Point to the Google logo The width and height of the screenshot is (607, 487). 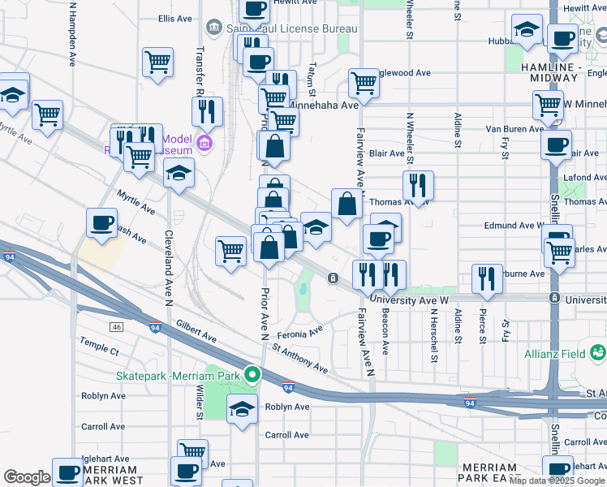[27, 476]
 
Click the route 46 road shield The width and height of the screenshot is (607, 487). [118, 327]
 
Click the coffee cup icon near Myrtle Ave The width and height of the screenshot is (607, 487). [102, 224]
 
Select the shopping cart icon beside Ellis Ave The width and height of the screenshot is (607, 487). [157, 62]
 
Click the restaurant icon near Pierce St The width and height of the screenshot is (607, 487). [487, 278]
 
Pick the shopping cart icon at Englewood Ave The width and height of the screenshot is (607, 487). [364, 82]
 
